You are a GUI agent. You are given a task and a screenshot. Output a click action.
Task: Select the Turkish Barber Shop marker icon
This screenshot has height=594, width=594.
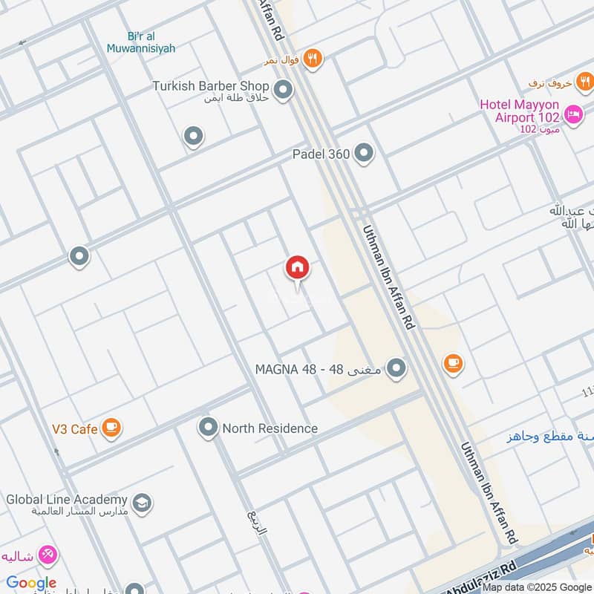click(x=282, y=91)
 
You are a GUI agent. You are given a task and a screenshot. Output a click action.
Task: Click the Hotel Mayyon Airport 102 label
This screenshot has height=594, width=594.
click(x=520, y=111)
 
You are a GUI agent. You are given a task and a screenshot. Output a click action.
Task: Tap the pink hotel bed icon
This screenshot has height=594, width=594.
click(x=573, y=114)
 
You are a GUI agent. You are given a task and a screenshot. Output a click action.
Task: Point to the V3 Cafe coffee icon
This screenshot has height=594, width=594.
click(x=111, y=428)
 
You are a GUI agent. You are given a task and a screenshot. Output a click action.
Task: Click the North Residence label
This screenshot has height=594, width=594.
click(x=270, y=428)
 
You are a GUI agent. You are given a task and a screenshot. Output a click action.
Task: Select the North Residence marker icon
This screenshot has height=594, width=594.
click(x=208, y=428)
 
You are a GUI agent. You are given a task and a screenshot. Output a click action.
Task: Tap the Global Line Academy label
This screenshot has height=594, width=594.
click(x=67, y=500)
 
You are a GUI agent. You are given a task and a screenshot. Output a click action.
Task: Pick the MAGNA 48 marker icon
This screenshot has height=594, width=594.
click(x=397, y=368)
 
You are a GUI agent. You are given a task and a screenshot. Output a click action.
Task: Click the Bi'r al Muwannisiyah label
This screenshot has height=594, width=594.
click(x=151, y=43)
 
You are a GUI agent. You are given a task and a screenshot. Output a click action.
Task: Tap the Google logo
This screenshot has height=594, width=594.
click(x=31, y=583)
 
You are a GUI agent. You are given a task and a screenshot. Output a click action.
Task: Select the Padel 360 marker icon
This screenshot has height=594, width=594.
click(x=364, y=154)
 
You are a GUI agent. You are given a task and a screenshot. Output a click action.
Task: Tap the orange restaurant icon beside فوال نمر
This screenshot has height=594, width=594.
click(x=313, y=59)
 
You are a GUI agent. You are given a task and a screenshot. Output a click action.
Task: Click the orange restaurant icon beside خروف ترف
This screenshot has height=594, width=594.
click(x=585, y=82)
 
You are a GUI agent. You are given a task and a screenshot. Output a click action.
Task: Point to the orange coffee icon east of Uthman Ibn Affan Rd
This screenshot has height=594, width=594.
click(x=452, y=363)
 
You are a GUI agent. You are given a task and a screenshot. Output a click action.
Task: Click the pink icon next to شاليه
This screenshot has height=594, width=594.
click(x=48, y=554)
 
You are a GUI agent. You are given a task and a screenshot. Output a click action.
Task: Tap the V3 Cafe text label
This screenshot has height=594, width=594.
click(x=74, y=428)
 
